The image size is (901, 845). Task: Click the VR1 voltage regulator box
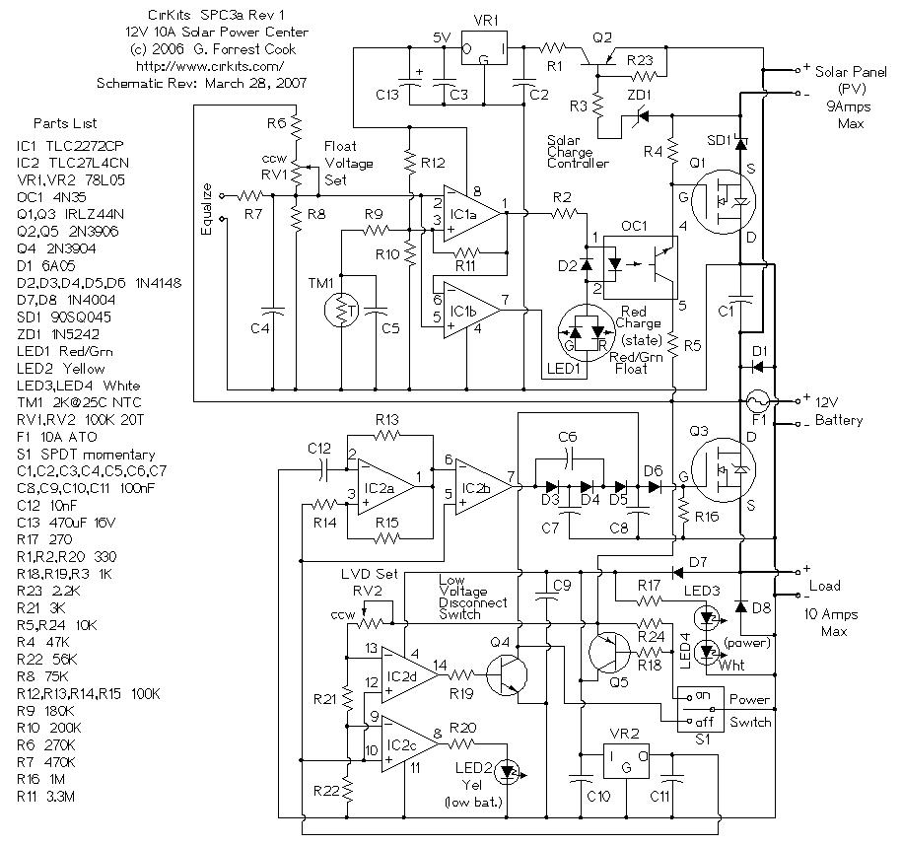[x=484, y=47]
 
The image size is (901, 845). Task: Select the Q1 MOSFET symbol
[x=723, y=202]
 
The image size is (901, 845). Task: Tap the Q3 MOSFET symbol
[x=723, y=469]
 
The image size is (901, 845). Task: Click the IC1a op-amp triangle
[x=471, y=214]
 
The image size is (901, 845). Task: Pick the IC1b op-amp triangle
[x=471, y=311]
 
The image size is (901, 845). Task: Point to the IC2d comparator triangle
[x=409, y=673]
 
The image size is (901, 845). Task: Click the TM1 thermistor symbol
[x=342, y=311]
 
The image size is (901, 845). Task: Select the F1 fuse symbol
[x=758, y=401]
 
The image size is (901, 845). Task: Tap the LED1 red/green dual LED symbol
[x=587, y=333]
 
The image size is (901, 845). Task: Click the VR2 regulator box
[x=627, y=760]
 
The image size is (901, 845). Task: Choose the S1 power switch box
[x=701, y=709]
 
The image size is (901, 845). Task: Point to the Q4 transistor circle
[x=507, y=673]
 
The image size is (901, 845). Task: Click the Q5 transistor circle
[x=609, y=653]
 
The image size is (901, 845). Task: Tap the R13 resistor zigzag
[x=386, y=436]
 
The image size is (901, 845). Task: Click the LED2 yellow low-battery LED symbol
[x=509, y=772]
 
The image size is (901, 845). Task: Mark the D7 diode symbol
[x=678, y=573]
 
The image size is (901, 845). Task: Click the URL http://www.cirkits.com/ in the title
[x=210, y=66]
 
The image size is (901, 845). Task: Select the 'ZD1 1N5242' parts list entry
[x=58, y=334]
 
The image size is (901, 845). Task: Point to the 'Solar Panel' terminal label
[x=851, y=72]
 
